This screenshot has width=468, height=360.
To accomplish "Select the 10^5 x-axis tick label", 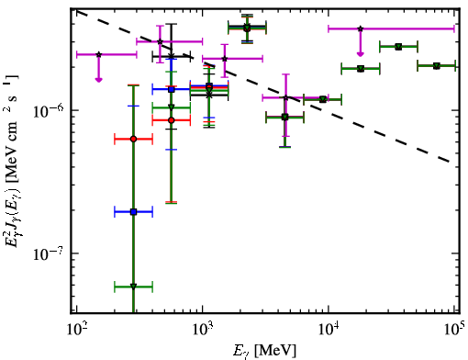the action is click(453, 331).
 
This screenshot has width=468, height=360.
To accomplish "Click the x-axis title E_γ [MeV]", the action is click(264, 351).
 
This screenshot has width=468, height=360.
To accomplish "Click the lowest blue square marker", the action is click(133, 211).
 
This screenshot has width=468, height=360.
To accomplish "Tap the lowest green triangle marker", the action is click(133, 287).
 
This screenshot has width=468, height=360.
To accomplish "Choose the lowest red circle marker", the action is click(133, 139).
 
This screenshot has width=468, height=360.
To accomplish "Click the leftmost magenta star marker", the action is click(98, 54).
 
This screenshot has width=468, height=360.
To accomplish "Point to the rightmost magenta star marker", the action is click(361, 28).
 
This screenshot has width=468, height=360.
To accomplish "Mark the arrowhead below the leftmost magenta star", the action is click(98, 80).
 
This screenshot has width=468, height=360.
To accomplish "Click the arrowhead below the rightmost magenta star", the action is click(361, 54).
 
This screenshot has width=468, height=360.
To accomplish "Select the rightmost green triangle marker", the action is click(437, 66).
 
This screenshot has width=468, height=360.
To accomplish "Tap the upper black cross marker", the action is click(172, 56).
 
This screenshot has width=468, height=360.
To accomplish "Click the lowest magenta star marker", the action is click(285, 98).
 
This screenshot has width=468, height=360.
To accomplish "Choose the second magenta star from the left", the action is click(160, 41).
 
